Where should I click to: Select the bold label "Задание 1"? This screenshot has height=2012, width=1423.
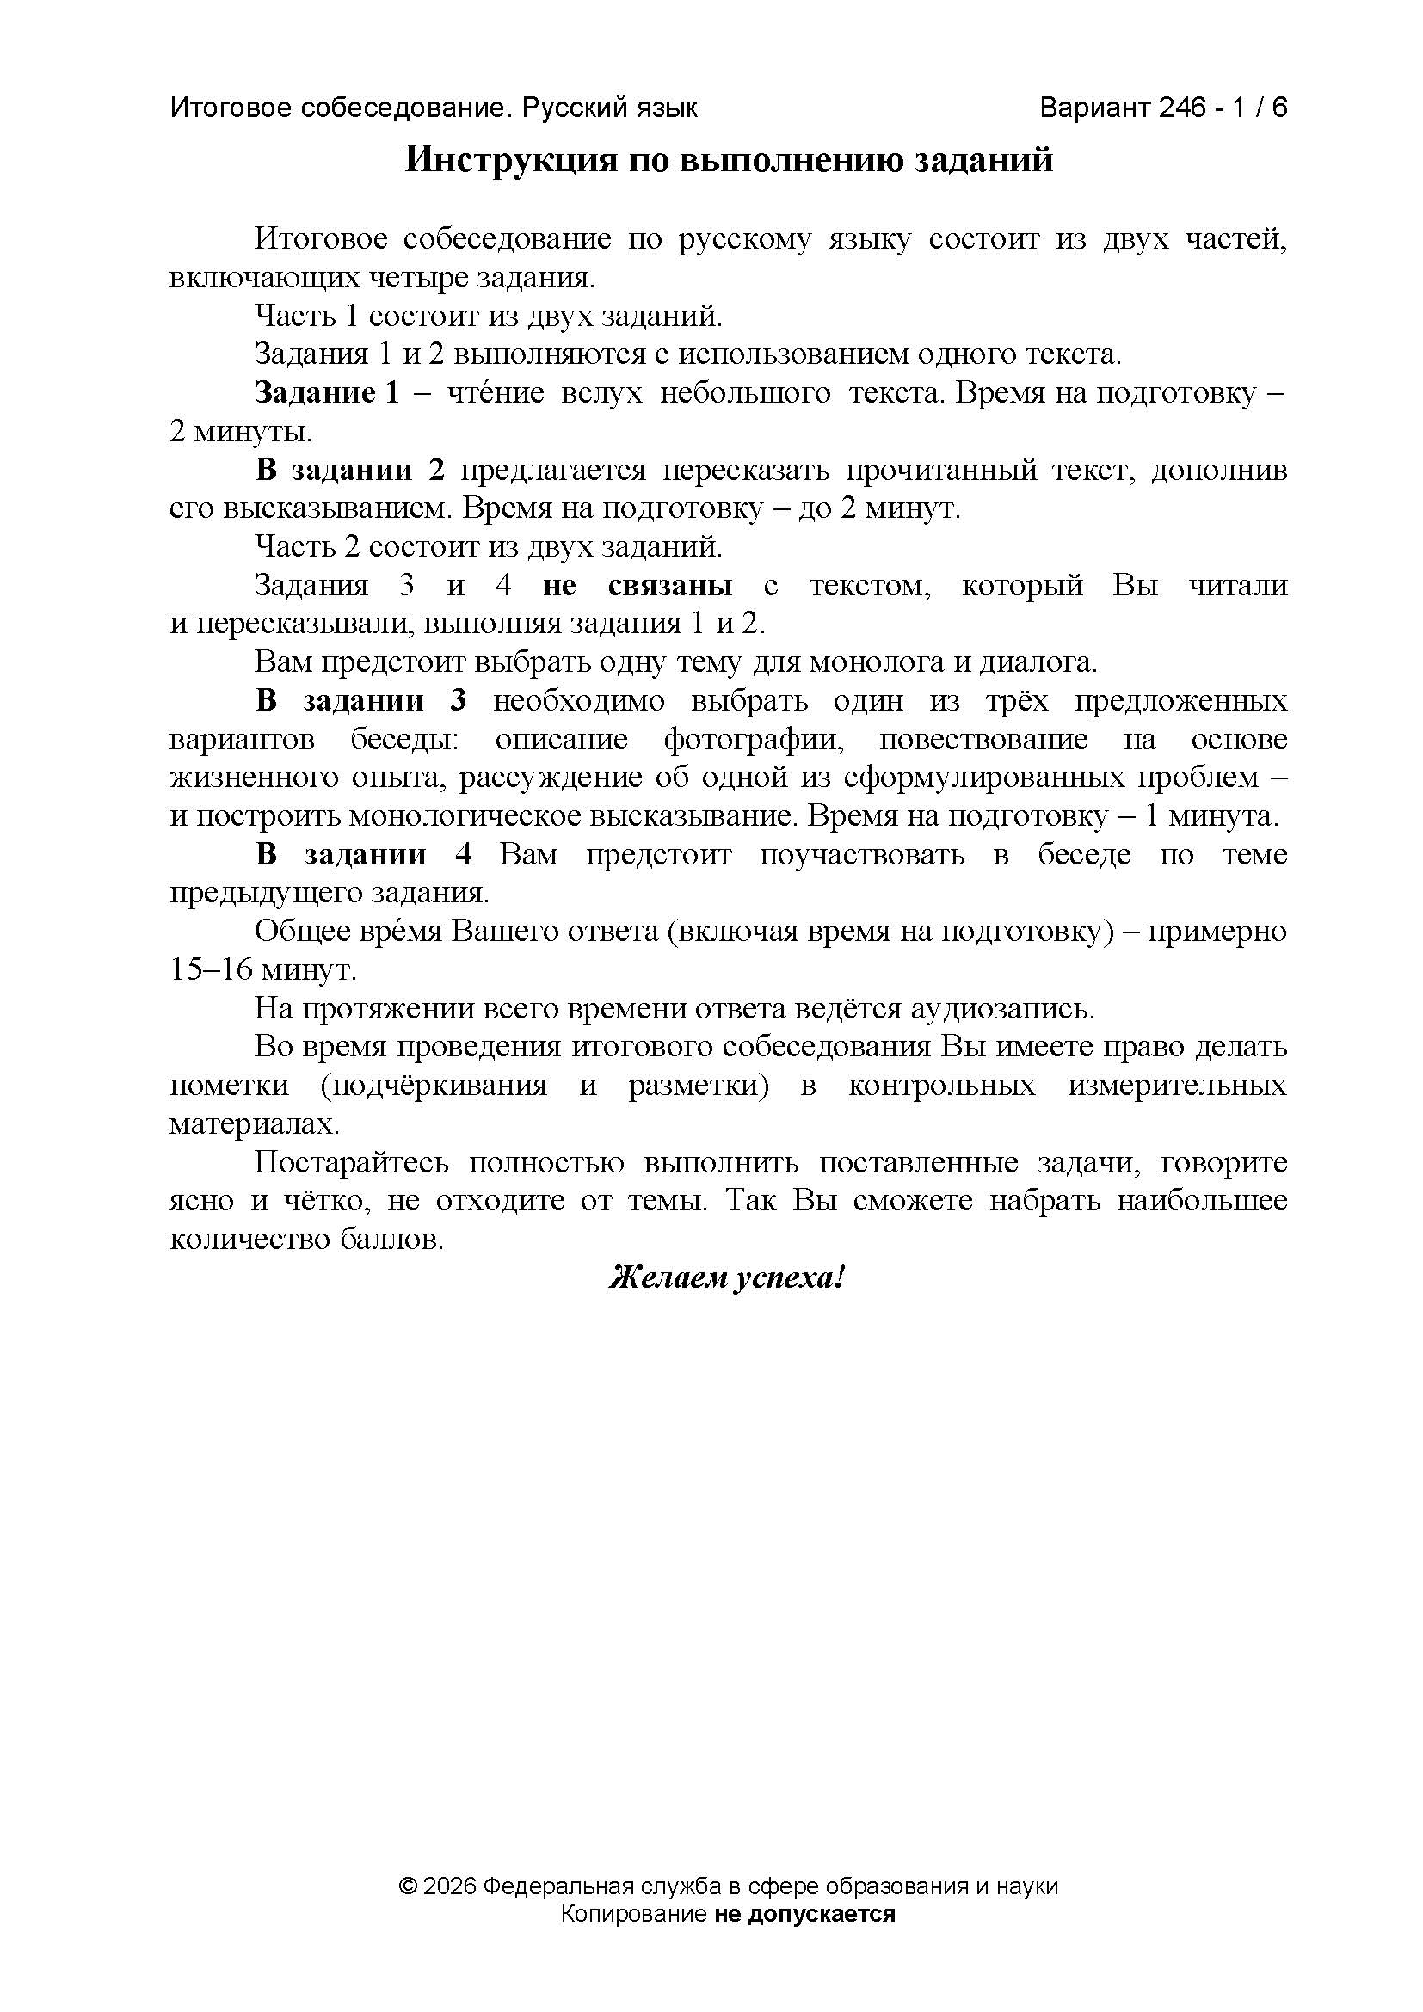tap(327, 393)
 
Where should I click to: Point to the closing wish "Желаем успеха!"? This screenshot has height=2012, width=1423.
tap(726, 1278)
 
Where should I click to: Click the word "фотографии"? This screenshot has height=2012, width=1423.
tap(754, 740)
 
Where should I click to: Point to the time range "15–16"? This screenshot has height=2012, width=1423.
tap(200, 970)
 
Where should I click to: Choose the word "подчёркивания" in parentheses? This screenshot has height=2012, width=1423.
tap(434, 1086)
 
